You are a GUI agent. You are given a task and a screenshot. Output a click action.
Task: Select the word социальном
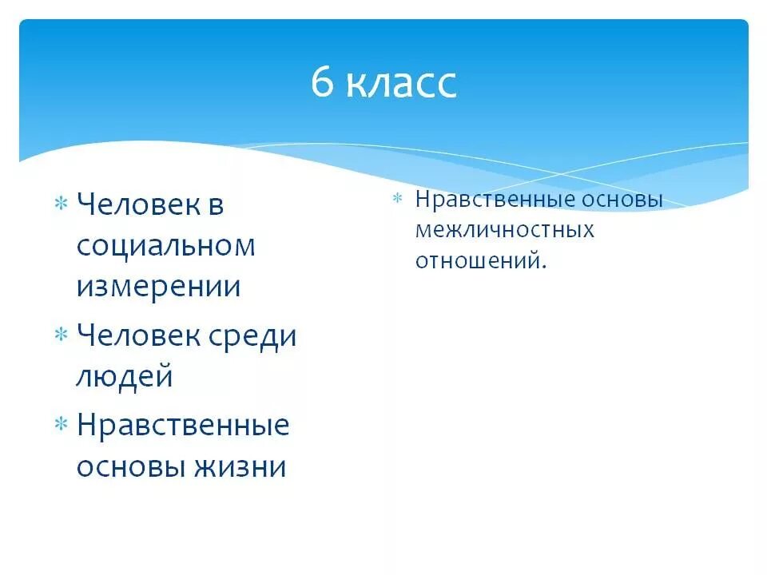[166, 246]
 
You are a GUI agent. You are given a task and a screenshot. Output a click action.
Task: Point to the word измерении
[158, 287]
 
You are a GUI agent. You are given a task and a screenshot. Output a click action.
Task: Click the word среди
[254, 336]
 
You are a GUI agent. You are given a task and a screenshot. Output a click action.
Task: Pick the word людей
[125, 377]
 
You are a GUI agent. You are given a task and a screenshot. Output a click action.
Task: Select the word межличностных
[505, 230]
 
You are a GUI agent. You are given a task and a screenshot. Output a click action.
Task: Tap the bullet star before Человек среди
[60, 336]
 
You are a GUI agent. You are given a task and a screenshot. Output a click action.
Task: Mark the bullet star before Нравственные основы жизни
[60, 426]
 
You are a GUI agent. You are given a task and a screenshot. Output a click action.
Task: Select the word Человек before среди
[137, 336]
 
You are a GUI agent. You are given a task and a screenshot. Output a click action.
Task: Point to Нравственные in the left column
[183, 426]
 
